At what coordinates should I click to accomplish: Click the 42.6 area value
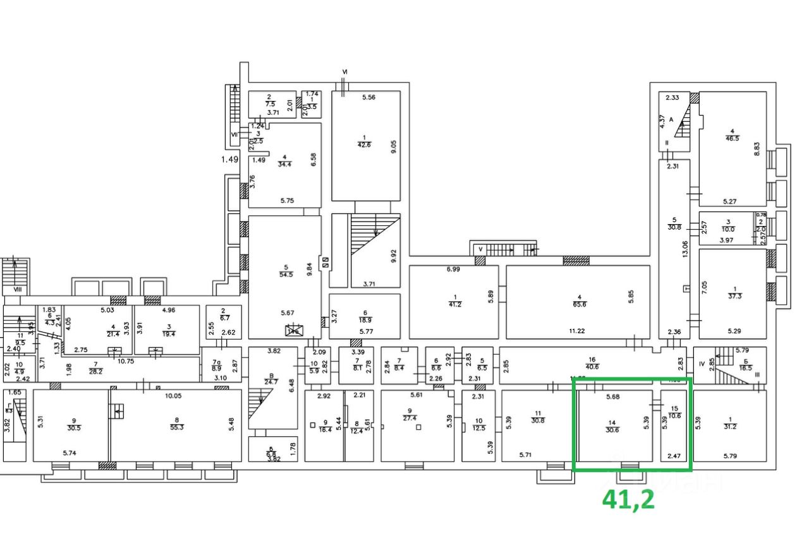pyautogui.click(x=364, y=144)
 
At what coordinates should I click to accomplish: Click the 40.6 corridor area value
pyautogui.click(x=591, y=366)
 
